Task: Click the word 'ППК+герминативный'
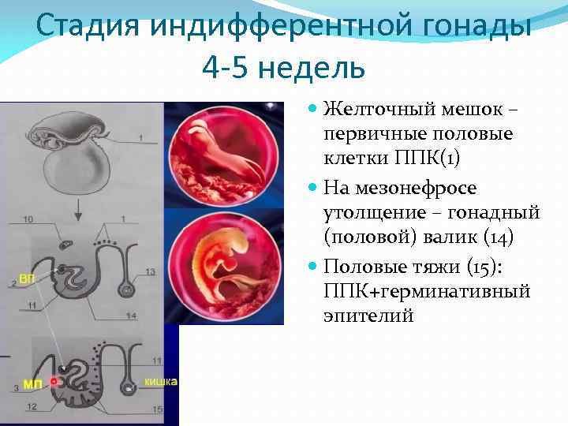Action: coord(427,292)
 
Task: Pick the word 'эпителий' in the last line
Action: coord(368,316)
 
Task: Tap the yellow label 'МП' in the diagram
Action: coord(32,384)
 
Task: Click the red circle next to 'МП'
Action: coord(54,382)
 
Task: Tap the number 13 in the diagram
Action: coord(151,272)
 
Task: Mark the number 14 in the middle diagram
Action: coord(151,316)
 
